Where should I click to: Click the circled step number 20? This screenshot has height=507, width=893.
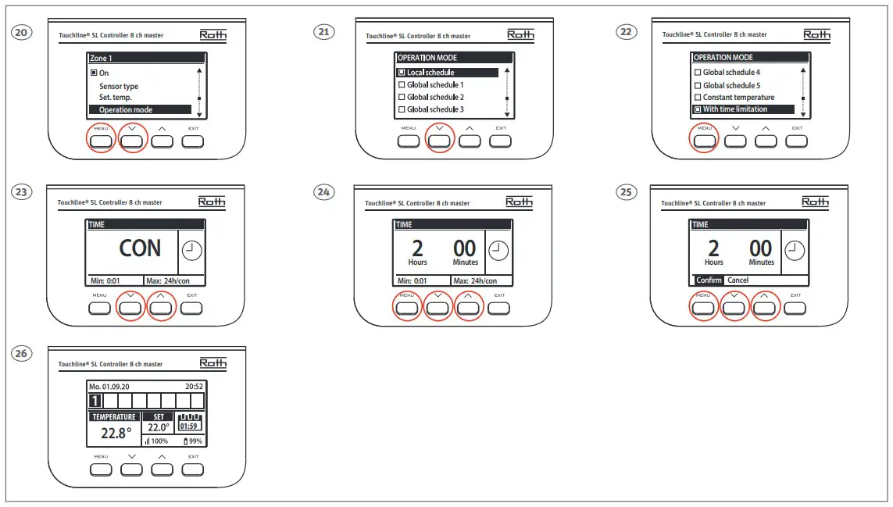tap(22, 33)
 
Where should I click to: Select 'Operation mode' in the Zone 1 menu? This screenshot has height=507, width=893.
tap(126, 110)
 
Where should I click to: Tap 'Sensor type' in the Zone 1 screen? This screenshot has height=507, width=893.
tap(119, 87)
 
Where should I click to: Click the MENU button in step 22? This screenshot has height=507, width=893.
tap(704, 141)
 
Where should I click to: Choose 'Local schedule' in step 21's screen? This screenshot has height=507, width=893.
tap(430, 73)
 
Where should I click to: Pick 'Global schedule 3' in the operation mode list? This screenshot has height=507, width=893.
tap(435, 109)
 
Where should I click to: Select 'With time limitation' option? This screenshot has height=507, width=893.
tap(734, 109)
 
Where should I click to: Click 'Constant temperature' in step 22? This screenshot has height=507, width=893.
tap(738, 98)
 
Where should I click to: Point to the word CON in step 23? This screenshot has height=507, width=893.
tap(140, 248)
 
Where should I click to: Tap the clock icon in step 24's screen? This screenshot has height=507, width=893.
tap(498, 251)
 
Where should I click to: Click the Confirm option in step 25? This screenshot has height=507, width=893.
tap(709, 280)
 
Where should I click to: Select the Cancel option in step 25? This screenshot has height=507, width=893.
tap(738, 280)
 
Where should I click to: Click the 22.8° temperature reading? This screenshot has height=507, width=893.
tap(116, 434)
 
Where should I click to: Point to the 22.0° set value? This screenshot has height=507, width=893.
tap(158, 428)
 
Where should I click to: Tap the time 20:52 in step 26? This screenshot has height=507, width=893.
tap(193, 386)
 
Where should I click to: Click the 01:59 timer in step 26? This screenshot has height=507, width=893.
tap(188, 427)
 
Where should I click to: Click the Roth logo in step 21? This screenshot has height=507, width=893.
tap(520, 35)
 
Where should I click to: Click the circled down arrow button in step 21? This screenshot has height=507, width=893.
tap(440, 141)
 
